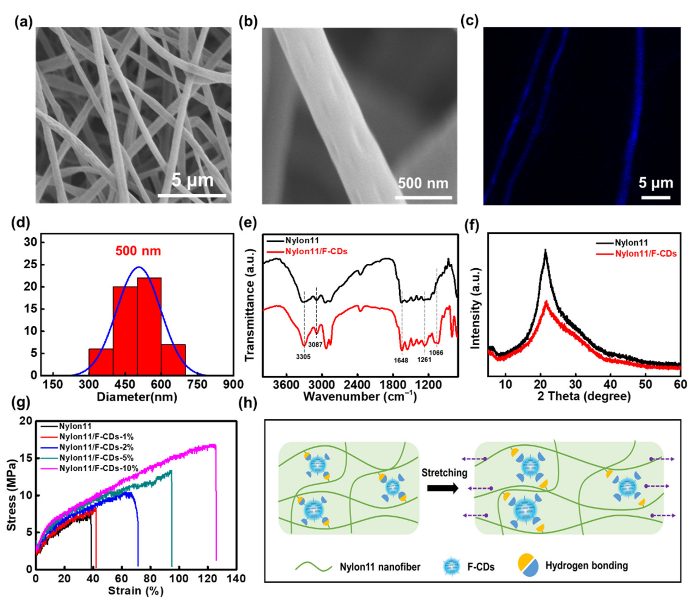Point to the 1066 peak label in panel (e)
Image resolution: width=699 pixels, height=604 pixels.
pos(436,353)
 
